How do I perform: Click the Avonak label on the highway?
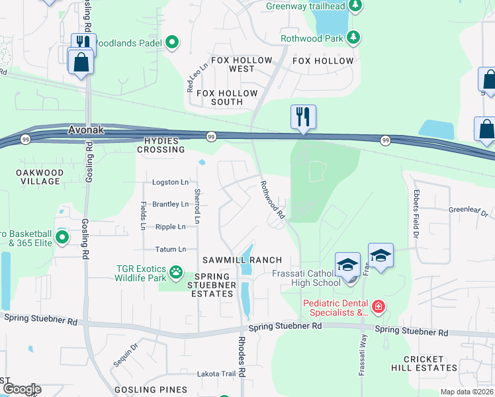[x=86, y=130]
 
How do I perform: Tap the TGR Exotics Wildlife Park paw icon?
[x=175, y=271]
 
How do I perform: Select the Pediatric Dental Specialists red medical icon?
[x=378, y=306]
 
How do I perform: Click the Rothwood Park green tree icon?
[x=354, y=38]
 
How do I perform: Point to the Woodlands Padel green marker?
[x=172, y=44]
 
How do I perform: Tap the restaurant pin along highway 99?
[x=303, y=117]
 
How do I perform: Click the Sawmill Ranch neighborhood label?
[x=242, y=260]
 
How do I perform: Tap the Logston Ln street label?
[x=170, y=182]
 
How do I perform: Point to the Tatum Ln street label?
[x=170, y=249]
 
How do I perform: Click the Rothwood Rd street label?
[x=272, y=200]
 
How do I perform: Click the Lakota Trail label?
[x=216, y=374]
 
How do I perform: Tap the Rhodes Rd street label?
[x=242, y=363]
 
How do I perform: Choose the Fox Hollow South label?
[x=227, y=98]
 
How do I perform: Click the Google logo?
[x=21, y=389]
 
